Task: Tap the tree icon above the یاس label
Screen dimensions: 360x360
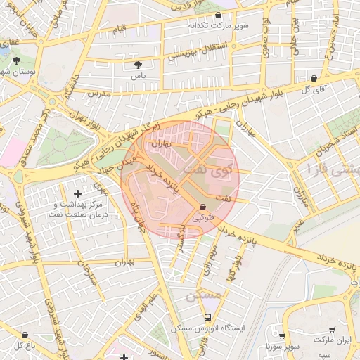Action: click(x=137, y=65)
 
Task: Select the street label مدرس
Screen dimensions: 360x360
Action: click(x=99, y=93)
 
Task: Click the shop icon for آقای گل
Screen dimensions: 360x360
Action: click(x=314, y=78)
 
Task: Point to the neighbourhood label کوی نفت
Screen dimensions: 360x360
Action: click(x=210, y=169)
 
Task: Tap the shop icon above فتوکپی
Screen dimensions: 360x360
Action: click(x=203, y=207)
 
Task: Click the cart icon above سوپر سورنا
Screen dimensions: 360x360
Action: click(x=282, y=337)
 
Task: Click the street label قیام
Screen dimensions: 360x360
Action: click(x=120, y=30)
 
